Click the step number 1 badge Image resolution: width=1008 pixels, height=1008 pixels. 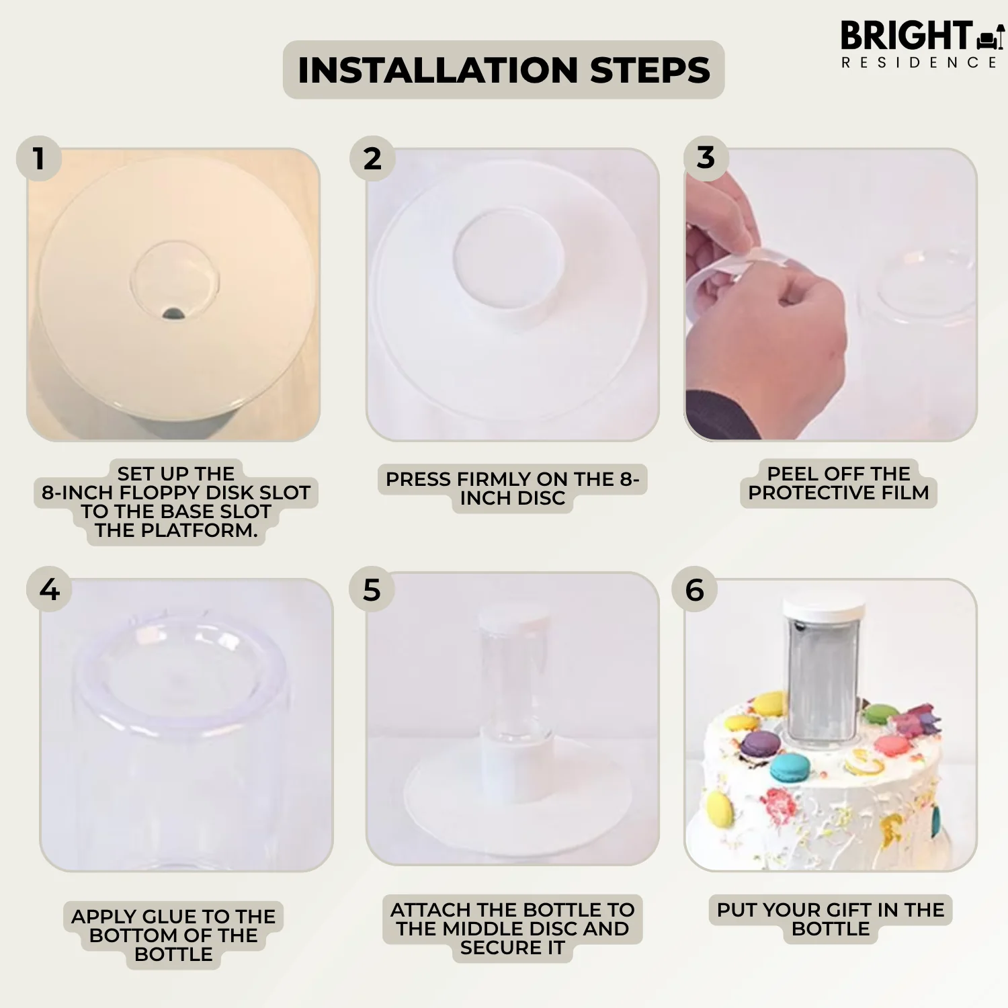(x=39, y=159)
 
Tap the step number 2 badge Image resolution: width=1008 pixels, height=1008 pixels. (x=372, y=159)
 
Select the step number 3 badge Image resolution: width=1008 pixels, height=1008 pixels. (x=706, y=158)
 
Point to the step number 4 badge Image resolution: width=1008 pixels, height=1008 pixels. (x=49, y=589)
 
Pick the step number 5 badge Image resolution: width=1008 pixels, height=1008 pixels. (x=372, y=589)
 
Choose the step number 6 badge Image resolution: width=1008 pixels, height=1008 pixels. (x=695, y=589)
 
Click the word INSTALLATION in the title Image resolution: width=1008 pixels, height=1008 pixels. (x=438, y=70)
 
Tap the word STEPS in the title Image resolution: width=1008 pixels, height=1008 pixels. (x=650, y=70)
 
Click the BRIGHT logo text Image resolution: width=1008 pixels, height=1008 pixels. (x=907, y=36)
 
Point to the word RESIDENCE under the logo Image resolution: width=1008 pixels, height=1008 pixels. (x=919, y=62)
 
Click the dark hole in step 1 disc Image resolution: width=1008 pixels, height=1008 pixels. (x=173, y=312)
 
